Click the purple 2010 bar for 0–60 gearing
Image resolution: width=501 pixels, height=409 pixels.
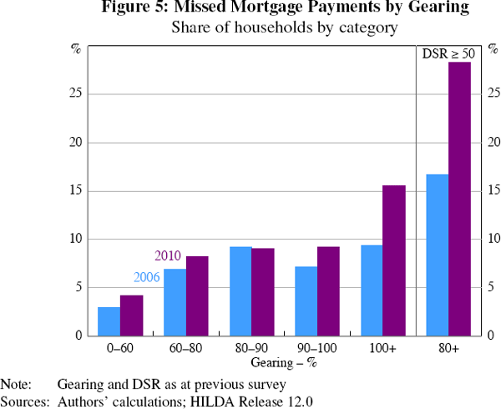pos(132,316)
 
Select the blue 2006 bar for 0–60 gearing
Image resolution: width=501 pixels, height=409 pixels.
pos(109,321)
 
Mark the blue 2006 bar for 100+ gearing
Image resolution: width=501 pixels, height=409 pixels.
pos(372,290)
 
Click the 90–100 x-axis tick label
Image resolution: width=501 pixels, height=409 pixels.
pos(317,348)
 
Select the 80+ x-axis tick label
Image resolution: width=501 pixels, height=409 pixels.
pos(448,348)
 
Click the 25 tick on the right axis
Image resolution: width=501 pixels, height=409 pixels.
pos(487,94)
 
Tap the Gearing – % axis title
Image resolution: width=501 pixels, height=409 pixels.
pos(285,363)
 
